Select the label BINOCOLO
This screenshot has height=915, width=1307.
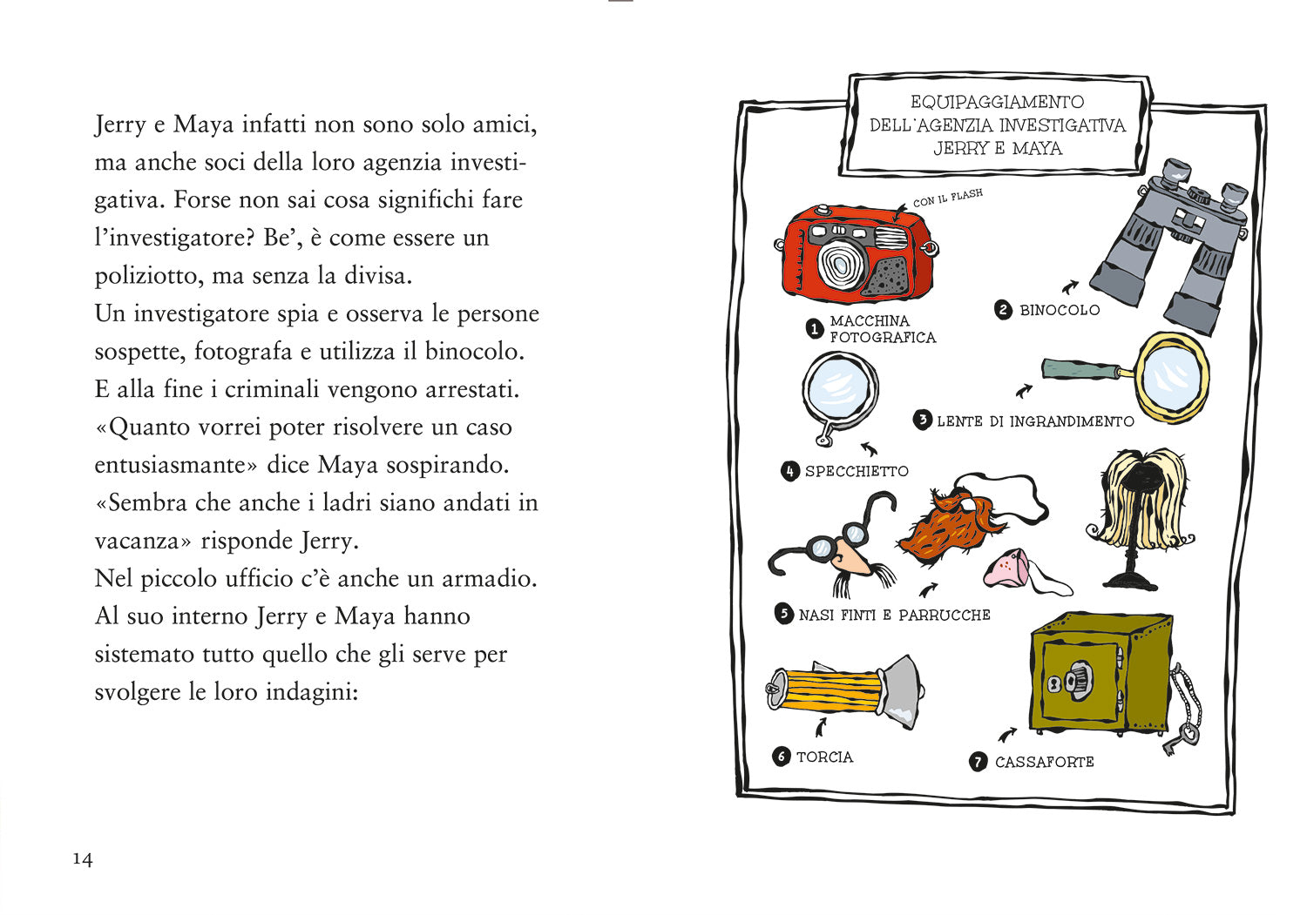(x=1059, y=310)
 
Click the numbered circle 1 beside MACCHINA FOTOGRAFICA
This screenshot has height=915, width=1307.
(x=814, y=329)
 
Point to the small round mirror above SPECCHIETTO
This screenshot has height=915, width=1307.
(x=838, y=389)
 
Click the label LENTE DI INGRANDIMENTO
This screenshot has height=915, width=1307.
(x=1035, y=421)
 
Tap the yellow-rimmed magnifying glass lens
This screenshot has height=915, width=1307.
(x=1172, y=378)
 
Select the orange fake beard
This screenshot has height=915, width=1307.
(x=944, y=528)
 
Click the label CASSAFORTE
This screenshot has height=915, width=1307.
(x=1044, y=762)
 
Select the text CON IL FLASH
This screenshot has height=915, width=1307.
(x=947, y=198)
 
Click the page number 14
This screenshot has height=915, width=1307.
(x=82, y=859)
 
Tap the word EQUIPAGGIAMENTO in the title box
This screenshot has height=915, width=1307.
(x=997, y=102)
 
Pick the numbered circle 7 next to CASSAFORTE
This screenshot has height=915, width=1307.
(x=978, y=762)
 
